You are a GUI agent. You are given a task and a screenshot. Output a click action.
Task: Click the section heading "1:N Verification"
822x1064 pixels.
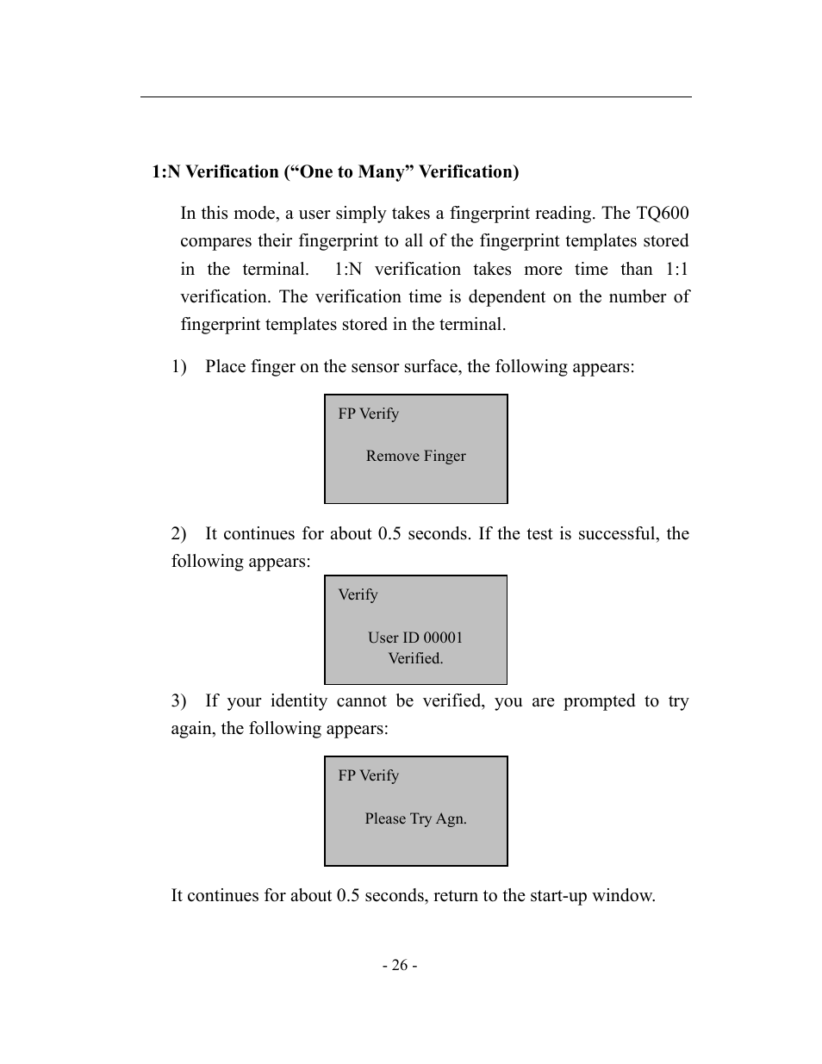click(215, 172)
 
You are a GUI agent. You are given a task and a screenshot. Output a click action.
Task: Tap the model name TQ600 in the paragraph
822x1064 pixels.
click(662, 214)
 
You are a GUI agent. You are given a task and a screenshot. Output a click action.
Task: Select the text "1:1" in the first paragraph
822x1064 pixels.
click(676, 270)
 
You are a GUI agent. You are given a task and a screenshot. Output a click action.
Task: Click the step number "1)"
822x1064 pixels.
click(178, 367)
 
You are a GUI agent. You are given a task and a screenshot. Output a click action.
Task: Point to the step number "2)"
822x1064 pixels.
click(178, 534)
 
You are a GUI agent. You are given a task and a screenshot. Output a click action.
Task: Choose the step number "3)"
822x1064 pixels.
click(178, 701)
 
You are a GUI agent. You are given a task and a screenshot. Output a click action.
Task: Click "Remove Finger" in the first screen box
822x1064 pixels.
click(415, 457)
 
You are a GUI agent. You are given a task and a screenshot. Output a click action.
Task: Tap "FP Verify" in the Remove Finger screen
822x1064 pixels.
click(368, 414)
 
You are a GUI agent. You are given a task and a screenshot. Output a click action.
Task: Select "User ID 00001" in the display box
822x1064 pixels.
click(415, 638)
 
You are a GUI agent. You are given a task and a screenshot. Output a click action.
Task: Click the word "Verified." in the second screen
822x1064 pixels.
click(415, 659)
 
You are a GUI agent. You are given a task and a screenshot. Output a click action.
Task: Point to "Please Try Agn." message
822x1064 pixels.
click(415, 819)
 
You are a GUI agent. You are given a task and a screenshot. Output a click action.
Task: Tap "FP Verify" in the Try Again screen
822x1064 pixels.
click(368, 776)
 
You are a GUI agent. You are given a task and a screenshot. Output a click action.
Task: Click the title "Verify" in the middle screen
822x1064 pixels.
click(358, 595)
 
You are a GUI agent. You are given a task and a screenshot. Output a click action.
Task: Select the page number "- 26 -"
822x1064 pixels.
click(401, 966)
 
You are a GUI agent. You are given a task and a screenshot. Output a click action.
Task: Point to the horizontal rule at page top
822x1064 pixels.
click(415, 97)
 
